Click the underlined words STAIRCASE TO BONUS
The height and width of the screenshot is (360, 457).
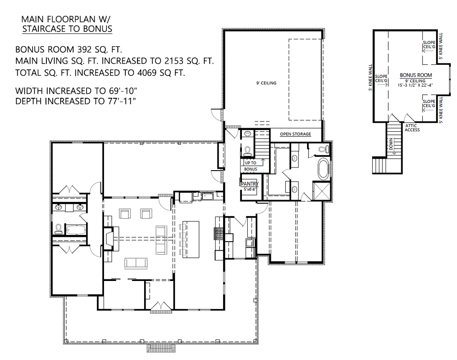[x=67, y=29]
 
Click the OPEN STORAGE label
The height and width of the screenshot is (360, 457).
[x=295, y=134]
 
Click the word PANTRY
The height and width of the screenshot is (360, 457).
[x=250, y=184]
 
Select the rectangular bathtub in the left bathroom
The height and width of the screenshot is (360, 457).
[x=75, y=230]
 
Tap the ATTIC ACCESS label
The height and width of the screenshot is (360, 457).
[x=412, y=128]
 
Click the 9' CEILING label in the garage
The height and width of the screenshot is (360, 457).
[x=266, y=83]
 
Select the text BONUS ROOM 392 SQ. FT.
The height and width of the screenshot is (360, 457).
[x=69, y=49]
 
